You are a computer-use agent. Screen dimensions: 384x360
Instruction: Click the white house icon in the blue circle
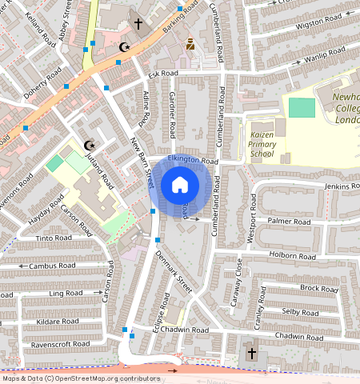(x=180, y=186)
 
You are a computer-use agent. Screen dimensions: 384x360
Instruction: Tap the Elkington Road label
(x=192, y=161)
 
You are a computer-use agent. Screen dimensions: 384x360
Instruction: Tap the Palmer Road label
(x=289, y=221)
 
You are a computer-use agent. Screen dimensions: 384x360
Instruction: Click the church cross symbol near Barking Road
(x=138, y=25)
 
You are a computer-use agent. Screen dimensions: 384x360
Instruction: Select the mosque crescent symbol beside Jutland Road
(x=90, y=145)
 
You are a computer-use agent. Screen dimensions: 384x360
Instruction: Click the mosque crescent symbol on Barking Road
(x=123, y=47)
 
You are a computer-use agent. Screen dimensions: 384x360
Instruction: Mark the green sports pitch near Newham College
(x=302, y=107)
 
